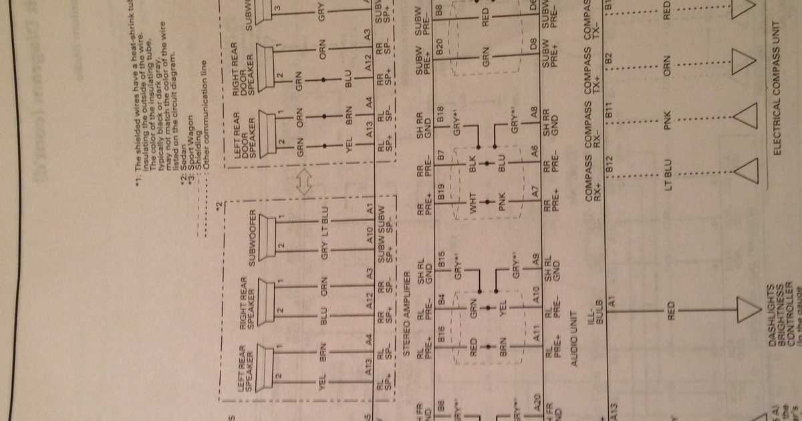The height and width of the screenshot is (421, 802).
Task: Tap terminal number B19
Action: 441,195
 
